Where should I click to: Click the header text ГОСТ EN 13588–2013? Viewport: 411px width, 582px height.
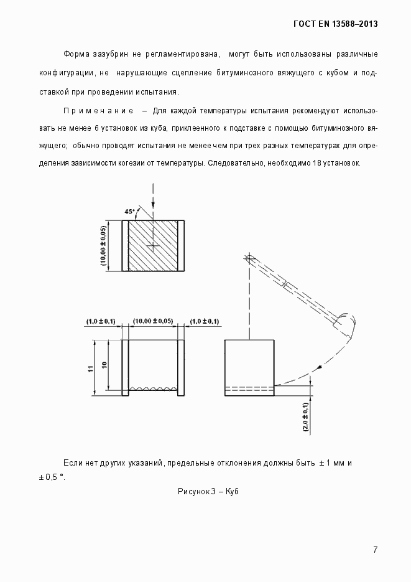point(336,24)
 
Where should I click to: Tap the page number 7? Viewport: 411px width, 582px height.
point(375,549)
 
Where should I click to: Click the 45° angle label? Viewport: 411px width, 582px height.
point(129,212)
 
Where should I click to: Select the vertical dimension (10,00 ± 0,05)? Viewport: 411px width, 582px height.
point(103,246)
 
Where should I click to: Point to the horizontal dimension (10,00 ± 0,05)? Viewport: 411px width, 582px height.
point(153,321)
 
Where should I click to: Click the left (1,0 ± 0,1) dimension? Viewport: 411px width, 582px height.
point(101,321)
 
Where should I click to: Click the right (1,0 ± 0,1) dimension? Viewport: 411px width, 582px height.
point(205,321)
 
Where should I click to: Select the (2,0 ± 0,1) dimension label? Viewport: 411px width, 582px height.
point(305,417)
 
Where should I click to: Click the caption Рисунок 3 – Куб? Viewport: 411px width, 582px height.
point(208,491)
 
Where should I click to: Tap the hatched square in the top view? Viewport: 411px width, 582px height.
point(153,246)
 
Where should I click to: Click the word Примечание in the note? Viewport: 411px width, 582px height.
point(98,111)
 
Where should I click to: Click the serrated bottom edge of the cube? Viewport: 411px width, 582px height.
point(153,389)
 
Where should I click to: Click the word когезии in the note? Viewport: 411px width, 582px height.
point(145,163)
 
